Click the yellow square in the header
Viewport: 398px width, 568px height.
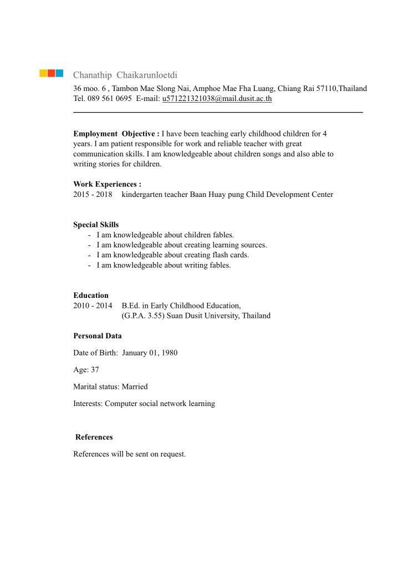(43, 73)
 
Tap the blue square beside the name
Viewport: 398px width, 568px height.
(59, 73)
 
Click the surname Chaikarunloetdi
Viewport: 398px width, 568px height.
(147, 75)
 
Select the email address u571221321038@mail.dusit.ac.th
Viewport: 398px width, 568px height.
(217, 99)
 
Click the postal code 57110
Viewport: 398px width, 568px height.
(328, 89)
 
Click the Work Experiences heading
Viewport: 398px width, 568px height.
(107, 184)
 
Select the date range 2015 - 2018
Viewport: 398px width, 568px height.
(93, 194)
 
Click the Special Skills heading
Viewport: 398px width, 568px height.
(96, 225)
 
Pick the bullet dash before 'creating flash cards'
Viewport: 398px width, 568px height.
(89, 255)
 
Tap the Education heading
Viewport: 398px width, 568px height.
(91, 296)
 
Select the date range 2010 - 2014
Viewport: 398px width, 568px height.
(93, 306)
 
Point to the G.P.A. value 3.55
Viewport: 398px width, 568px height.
(147, 316)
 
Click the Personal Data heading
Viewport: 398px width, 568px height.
(98, 336)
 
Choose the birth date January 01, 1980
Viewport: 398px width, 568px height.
(150, 353)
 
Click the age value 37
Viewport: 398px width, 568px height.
(95, 369)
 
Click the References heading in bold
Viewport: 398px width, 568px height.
(94, 437)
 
